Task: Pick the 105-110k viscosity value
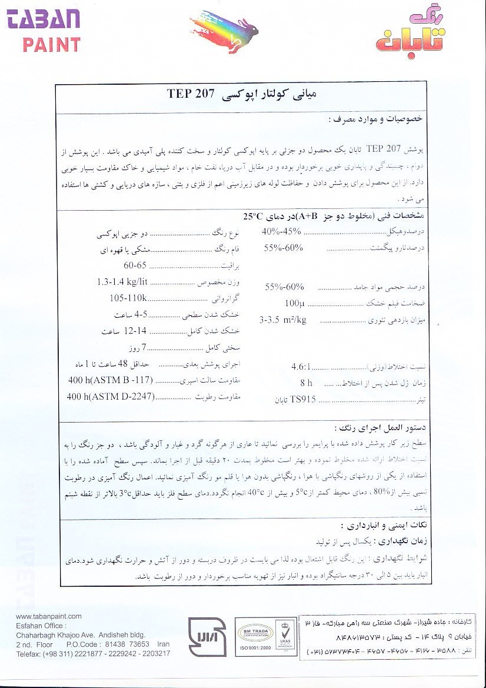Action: [x=128, y=298]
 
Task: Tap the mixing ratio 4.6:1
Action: [x=304, y=366]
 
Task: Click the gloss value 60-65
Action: [x=135, y=265]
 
